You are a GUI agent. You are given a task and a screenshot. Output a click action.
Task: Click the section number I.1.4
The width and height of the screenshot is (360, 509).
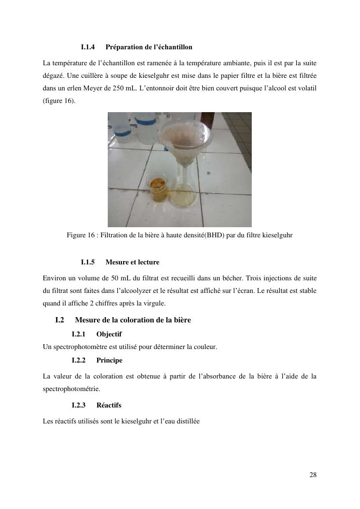[88, 47]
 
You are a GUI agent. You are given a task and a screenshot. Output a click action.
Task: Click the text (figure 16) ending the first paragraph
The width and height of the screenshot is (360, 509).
[59, 102]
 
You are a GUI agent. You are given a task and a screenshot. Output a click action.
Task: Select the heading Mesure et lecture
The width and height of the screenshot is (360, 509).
[132, 262]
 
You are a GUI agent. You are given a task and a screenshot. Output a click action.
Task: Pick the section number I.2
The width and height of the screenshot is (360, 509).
[60, 320]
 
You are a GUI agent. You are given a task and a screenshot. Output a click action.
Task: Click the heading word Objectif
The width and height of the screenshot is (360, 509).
[109, 334]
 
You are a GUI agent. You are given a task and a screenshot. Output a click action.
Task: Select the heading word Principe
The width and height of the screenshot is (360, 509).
[109, 360]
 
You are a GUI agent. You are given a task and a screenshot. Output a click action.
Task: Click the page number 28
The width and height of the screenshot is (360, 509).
[313, 475]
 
